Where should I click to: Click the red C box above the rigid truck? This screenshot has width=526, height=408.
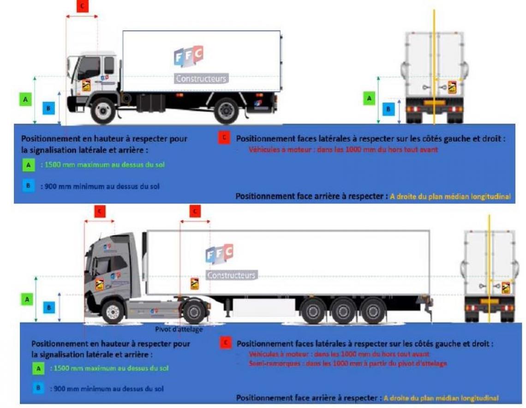coord(82,6)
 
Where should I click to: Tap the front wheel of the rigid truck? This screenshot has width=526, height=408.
coord(102,111)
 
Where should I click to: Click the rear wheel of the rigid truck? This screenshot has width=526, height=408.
coord(226,111)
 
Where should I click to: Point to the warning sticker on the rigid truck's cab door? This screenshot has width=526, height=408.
coord(86,85)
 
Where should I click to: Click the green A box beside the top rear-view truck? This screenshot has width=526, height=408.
coord(369,98)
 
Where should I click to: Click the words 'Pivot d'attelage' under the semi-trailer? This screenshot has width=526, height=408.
coord(179,330)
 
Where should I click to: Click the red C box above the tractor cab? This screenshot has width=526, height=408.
coord(100,211)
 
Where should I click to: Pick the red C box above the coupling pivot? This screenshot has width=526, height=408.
coord(195,211)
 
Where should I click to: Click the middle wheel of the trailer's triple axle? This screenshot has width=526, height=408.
coord(343,311)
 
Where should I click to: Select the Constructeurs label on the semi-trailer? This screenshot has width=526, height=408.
coord(231,275)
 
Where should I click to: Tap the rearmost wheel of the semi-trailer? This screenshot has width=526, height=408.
coord(373,311)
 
